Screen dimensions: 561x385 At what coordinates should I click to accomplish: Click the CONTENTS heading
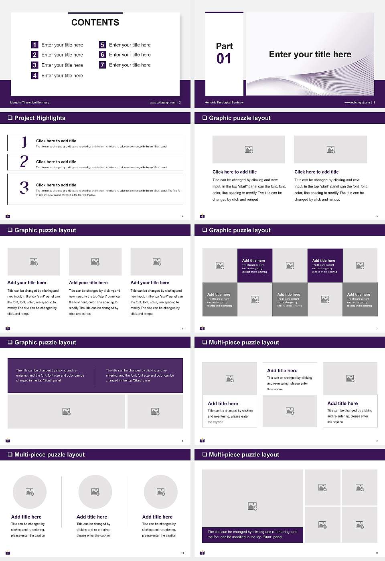point(95,22)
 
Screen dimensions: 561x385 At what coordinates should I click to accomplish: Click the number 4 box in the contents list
point(35,75)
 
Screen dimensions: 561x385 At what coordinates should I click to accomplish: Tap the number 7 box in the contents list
point(102,65)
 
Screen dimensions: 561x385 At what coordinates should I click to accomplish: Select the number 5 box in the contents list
point(102,45)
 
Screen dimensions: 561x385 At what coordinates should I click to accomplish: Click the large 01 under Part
point(224,59)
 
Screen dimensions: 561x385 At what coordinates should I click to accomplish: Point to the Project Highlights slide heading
point(40,118)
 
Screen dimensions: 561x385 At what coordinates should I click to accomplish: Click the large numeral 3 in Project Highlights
point(24,188)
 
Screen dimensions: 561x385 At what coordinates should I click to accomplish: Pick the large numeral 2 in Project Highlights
point(24,161)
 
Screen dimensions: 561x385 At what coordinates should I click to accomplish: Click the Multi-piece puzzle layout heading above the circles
point(49,454)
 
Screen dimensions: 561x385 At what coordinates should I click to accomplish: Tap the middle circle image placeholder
point(95,492)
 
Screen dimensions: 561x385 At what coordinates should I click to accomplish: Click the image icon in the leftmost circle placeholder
point(30,492)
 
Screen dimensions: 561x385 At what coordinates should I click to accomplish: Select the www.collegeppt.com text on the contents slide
point(162,103)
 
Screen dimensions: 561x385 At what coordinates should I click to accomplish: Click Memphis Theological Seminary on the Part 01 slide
point(224,103)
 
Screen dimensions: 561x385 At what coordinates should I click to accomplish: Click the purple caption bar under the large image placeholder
point(252,535)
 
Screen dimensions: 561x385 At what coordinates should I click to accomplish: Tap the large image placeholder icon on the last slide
point(252,507)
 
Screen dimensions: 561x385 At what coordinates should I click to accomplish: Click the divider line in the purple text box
point(95,376)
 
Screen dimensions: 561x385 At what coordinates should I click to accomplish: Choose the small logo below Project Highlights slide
point(8,216)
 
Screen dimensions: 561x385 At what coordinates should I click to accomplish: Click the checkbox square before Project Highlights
point(10,118)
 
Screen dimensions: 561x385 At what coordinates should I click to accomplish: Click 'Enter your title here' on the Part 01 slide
point(310,54)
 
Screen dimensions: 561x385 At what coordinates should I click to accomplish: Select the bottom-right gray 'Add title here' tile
point(360,299)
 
